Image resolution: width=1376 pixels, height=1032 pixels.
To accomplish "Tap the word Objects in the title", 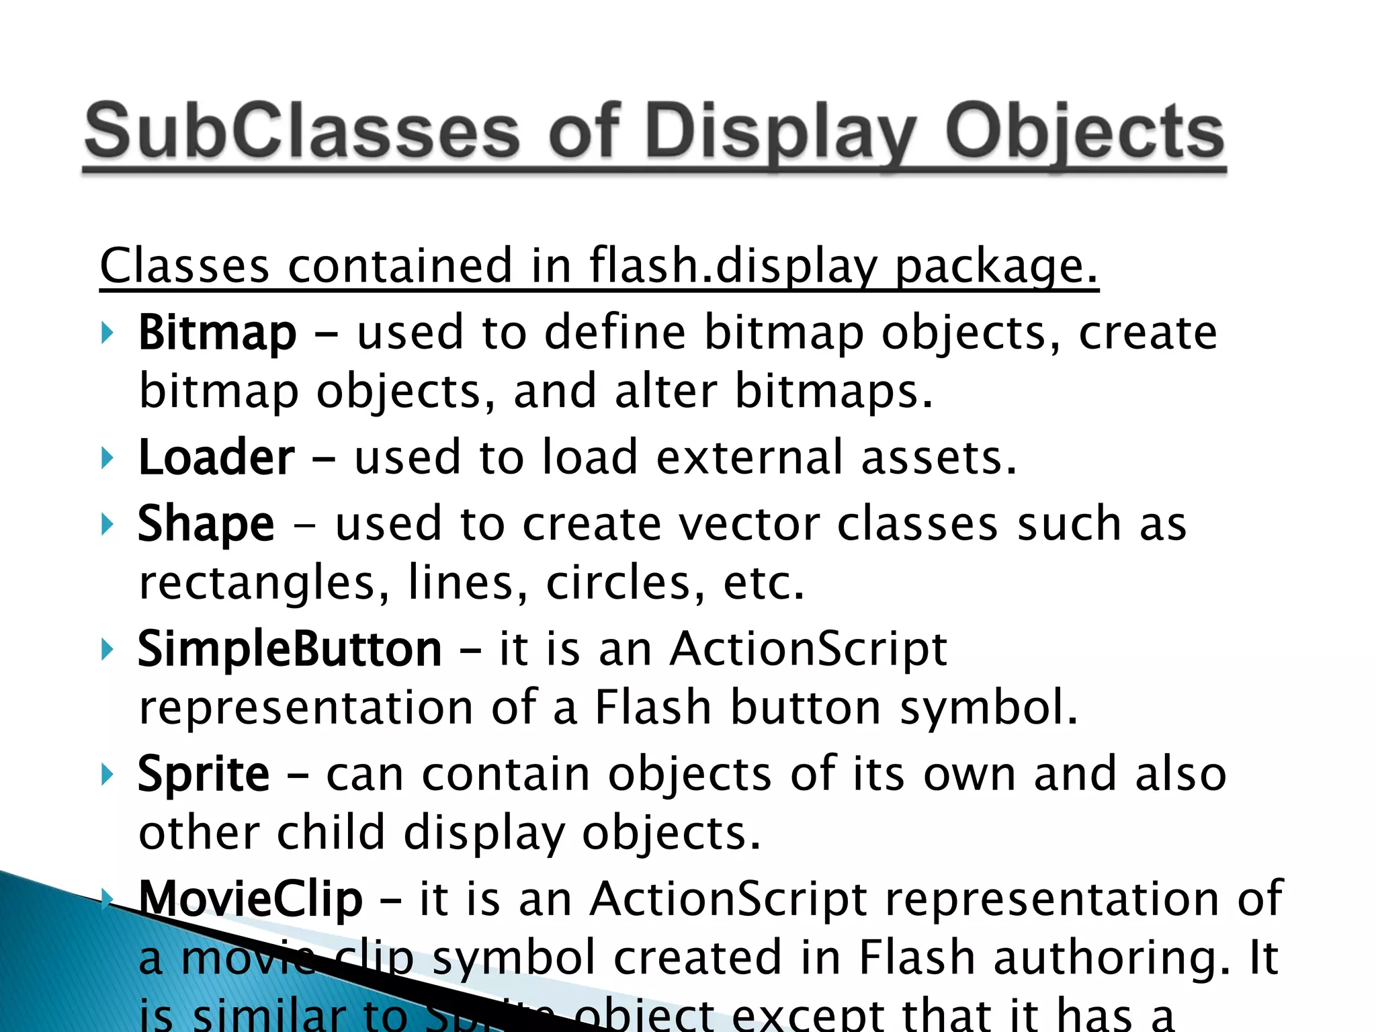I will pyautogui.click(x=1084, y=132).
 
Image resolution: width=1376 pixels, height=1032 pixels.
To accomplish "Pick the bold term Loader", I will pyautogui.click(x=216, y=458).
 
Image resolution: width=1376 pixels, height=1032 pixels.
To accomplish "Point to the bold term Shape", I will pyautogui.click(x=206, y=524).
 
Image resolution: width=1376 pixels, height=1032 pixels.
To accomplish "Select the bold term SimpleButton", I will pyautogui.click(x=290, y=650).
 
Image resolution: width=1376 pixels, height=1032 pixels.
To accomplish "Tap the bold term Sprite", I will pyautogui.click(x=204, y=775).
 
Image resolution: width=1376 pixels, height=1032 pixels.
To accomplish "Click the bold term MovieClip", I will pyautogui.click(x=250, y=899).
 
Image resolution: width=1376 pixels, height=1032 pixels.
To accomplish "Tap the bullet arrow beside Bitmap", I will pyautogui.click(x=107, y=333).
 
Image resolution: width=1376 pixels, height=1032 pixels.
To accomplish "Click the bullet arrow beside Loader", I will pyautogui.click(x=107, y=458).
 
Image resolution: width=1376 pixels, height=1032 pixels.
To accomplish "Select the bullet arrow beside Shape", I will pyautogui.click(x=107, y=524).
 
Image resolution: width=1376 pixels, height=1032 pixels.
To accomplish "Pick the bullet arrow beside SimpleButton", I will pyautogui.click(x=107, y=650).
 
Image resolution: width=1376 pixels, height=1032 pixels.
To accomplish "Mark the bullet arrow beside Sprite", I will pyautogui.click(x=107, y=775).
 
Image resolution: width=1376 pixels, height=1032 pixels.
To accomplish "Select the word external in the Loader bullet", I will pyautogui.click(x=748, y=458).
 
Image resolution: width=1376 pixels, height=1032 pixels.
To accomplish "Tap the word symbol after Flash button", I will pyautogui.click(x=988, y=708).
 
